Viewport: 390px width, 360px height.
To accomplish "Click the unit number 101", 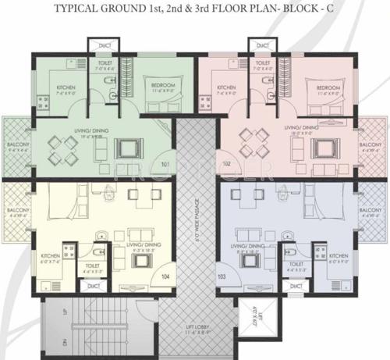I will tap(165, 165).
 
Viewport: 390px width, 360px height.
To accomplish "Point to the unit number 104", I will tap(165, 276).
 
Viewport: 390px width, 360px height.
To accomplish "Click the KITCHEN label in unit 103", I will tap(338, 256).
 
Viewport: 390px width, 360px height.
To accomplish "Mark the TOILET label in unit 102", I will tap(262, 62).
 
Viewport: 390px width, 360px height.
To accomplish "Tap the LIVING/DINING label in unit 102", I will tap(301, 127).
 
